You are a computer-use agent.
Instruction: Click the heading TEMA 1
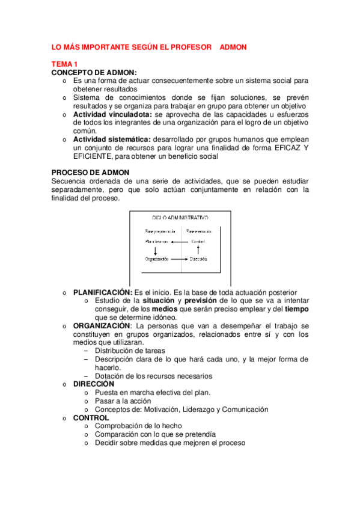tap(64, 64)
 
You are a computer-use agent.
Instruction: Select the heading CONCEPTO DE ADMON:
tap(94, 72)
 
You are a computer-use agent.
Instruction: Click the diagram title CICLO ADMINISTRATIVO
tap(181, 217)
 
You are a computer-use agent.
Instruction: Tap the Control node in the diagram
tap(198, 242)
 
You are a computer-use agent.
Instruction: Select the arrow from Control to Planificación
tap(180, 242)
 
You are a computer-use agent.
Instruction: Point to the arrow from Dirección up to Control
tap(198, 250)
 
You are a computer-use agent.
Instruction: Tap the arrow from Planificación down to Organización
tap(156, 250)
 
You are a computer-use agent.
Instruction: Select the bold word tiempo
tap(297, 309)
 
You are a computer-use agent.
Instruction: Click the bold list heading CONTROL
tap(91, 417)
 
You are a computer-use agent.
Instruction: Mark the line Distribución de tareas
tap(130, 351)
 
